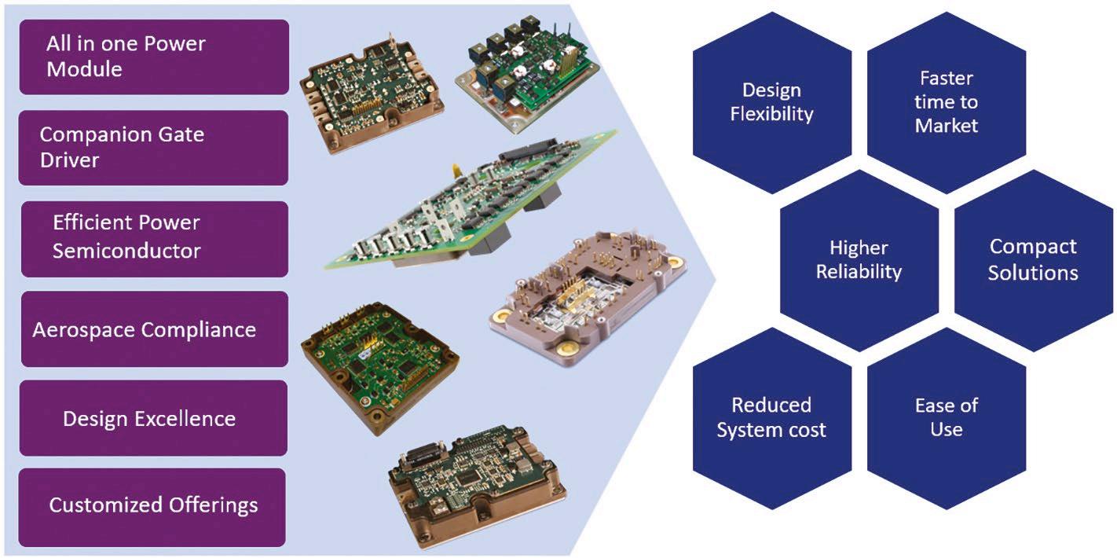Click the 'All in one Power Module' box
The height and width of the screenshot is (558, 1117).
tap(154, 57)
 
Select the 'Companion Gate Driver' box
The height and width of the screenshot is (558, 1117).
tap(154, 147)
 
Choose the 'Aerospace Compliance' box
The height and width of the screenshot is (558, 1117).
tap(154, 329)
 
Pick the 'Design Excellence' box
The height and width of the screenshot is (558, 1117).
tap(154, 418)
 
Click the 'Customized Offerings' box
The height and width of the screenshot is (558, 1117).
tap(154, 505)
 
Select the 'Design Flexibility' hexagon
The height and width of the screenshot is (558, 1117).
tap(771, 102)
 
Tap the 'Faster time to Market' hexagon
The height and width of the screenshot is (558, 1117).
tap(946, 102)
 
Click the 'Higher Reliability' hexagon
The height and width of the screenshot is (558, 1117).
tap(859, 260)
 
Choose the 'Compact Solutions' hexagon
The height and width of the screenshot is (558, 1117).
tap(1033, 260)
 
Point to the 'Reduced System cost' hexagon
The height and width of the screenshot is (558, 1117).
tap(771, 417)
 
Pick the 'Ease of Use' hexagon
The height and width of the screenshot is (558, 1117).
tap(946, 417)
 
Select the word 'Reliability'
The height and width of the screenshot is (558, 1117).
tap(859, 272)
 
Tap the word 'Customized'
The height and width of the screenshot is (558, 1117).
tap(100, 505)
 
